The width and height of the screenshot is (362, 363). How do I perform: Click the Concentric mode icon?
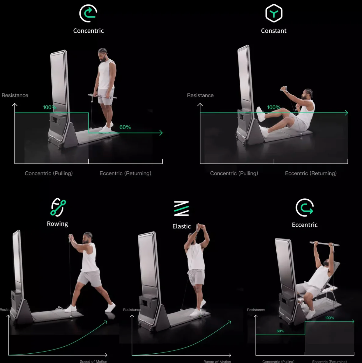88,13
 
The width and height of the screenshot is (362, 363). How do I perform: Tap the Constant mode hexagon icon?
274,13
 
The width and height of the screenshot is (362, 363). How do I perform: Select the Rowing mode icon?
58,207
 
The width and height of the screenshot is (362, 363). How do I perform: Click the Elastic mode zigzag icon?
182,208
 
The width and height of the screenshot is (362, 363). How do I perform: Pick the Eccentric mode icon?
305,207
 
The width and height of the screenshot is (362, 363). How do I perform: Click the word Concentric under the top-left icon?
88,31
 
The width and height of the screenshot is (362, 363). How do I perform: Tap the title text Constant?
274,31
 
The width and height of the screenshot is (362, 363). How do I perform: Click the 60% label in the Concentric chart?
125,127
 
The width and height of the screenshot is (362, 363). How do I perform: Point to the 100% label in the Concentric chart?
50,107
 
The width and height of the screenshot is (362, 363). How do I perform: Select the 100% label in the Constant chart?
274,107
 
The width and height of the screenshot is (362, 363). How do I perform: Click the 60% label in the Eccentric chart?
280,331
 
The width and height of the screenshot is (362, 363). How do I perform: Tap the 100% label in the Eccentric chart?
330,318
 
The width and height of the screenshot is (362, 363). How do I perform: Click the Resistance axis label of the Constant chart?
200,95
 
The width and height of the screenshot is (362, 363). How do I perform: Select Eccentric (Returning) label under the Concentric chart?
125,173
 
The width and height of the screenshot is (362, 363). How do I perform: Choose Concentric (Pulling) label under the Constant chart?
234,173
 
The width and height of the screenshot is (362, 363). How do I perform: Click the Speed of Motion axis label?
93,361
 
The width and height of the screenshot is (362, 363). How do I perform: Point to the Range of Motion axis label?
217,361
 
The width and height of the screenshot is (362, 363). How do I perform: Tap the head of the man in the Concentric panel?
103,54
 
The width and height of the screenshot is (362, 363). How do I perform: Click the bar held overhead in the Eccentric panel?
324,244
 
